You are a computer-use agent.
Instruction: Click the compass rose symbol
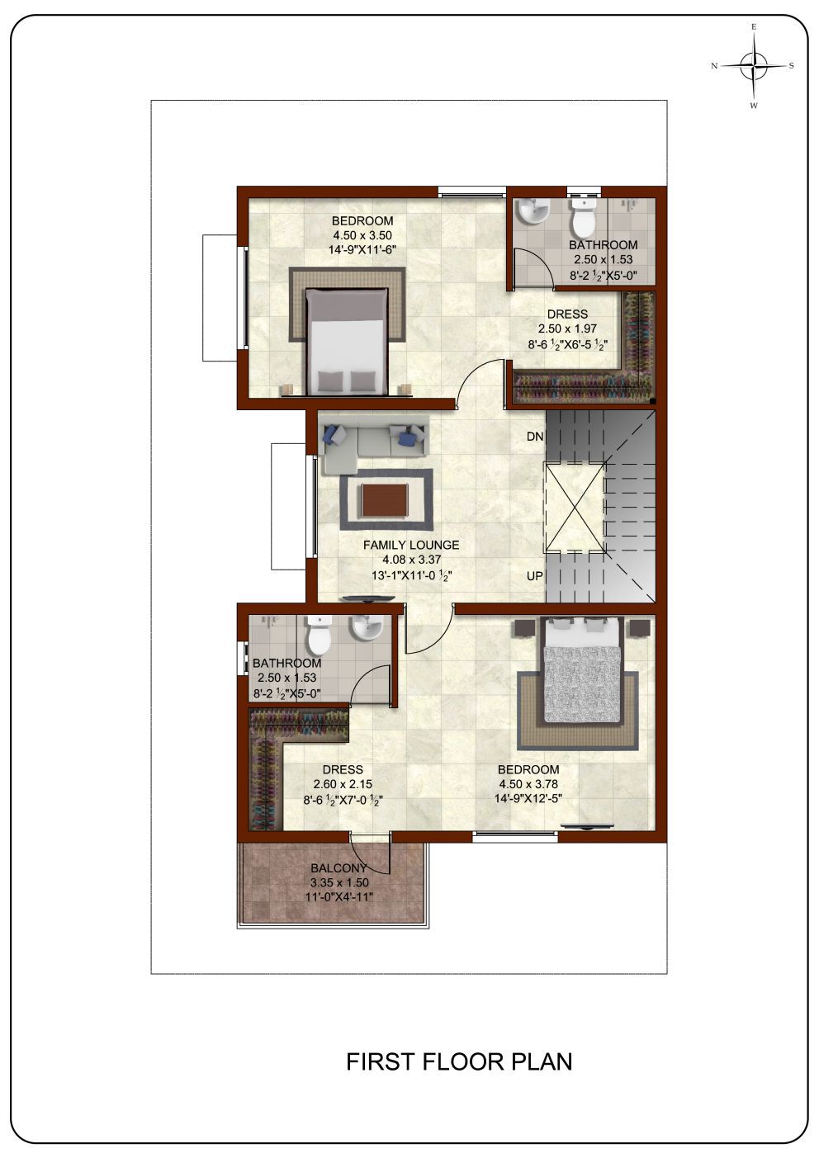pos(755,66)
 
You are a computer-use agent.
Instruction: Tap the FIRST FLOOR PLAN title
pos(459,1062)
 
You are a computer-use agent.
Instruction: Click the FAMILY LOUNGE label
pos(411,545)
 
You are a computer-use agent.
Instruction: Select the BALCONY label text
pos(338,868)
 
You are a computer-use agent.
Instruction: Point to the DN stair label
pos(535,437)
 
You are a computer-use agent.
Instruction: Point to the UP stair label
pos(535,575)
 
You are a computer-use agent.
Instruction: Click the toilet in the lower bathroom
pos(319,635)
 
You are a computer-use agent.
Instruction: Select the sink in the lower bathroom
pos(367,628)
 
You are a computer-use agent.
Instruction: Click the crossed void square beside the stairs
pos(575,507)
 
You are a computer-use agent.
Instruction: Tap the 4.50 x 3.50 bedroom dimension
pos(362,235)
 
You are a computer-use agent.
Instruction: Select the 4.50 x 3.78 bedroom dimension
pos(528,784)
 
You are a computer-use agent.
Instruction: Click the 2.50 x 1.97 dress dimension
pos(567,328)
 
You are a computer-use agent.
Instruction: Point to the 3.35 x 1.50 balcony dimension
pos(338,882)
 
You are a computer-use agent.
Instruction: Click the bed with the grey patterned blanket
pos(581,669)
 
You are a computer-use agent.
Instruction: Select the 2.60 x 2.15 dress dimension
pos(343,784)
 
